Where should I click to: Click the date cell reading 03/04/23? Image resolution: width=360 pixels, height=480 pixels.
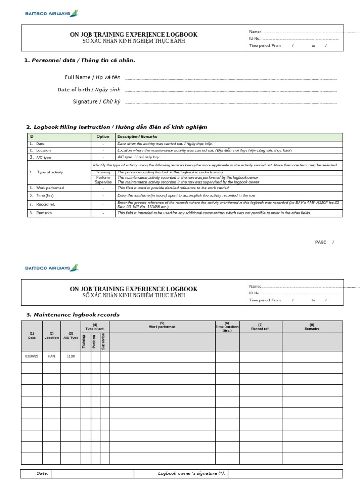coord(31,356)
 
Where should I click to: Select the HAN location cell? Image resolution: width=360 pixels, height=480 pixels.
coord(51,356)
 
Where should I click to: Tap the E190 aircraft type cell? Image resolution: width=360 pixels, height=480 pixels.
coord(70,356)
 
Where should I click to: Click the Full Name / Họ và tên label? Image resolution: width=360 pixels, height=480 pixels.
coord(92,77)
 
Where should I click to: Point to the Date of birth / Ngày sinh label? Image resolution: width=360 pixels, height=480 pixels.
coord(89,90)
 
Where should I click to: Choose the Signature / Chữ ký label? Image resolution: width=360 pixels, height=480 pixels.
coord(97,102)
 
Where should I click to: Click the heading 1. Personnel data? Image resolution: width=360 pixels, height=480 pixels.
coord(80,60)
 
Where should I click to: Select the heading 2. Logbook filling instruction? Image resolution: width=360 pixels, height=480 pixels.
coord(117,127)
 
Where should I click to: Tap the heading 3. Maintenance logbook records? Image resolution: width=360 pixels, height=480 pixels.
coord(73,315)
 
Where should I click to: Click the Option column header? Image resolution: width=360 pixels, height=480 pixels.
coord(103,137)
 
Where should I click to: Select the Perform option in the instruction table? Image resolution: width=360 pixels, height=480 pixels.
coord(103,177)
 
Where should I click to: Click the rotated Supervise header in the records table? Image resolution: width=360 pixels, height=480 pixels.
coord(104,341)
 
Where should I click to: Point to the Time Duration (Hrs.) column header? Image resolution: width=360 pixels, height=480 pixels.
coord(227,327)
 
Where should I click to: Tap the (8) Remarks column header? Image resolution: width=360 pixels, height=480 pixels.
coord(312,327)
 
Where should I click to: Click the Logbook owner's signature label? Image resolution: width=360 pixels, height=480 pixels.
coord(192,473)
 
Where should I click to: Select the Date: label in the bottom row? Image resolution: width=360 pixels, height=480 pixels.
coord(43,473)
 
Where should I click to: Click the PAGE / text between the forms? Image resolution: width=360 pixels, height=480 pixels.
coord(324,242)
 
